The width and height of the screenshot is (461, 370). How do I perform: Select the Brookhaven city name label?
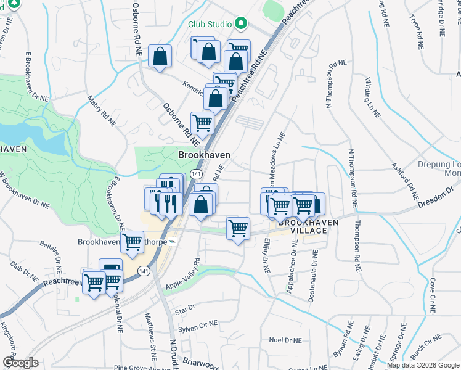[x=205, y=155]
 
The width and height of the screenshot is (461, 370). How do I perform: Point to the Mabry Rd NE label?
[x=101, y=110]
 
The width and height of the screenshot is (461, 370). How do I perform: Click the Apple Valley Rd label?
[x=183, y=273]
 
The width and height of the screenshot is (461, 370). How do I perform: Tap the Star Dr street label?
[x=186, y=308]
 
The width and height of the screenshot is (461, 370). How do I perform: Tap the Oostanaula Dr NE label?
[x=316, y=269]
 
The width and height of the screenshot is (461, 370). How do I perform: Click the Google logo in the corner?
[x=20, y=363]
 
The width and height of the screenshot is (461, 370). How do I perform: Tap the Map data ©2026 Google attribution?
[x=422, y=365]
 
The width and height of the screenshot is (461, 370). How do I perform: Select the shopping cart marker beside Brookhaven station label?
[x=131, y=242]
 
